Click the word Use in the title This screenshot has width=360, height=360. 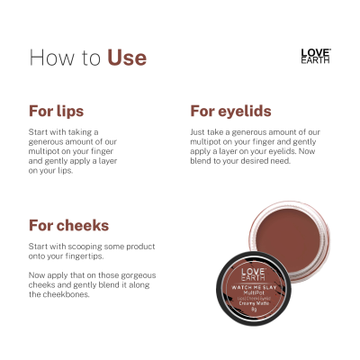point(127,58)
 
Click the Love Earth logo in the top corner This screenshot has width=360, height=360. point(315,56)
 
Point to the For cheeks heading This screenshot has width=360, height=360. point(68,226)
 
